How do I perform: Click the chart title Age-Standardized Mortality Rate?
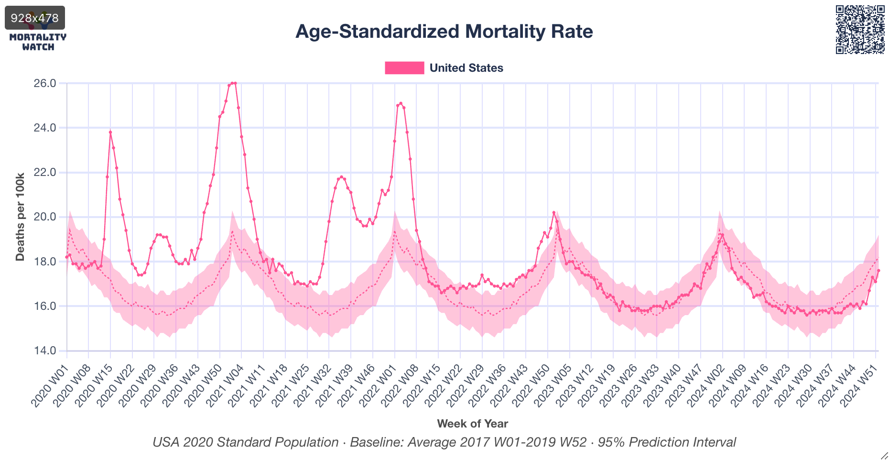(444, 32)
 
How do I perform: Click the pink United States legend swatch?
(404, 68)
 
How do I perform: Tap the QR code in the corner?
(860, 30)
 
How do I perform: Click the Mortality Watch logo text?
(38, 42)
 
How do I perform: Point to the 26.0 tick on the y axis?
(44, 83)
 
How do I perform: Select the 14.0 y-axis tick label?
(44, 350)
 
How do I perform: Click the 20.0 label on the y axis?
(44, 217)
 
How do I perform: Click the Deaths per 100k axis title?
(20, 217)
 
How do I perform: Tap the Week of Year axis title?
(472, 424)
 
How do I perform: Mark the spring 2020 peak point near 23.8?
(110, 132)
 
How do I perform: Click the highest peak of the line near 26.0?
(233, 83)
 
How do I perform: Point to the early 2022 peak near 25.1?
(401, 103)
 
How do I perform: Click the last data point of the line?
(878, 271)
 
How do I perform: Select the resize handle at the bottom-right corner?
(884, 456)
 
